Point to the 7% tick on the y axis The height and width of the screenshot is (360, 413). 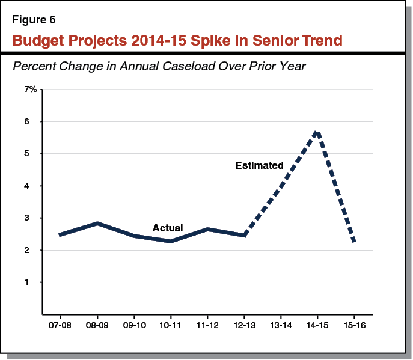pyautogui.click(x=31, y=90)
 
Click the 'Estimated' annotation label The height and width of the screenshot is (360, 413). pyautogui.click(x=259, y=165)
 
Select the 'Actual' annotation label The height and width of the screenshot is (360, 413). pyautogui.click(x=168, y=228)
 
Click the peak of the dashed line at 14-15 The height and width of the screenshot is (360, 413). pyautogui.click(x=317, y=132)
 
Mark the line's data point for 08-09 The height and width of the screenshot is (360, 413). pyautogui.click(x=97, y=224)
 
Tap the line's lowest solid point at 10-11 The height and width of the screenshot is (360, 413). pyautogui.click(x=170, y=241)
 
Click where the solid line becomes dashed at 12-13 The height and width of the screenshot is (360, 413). pyautogui.click(x=243, y=235)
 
